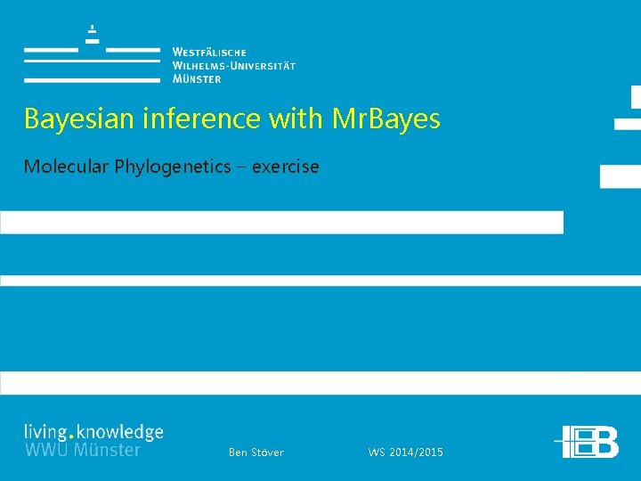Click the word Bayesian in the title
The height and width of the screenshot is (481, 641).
click(70, 119)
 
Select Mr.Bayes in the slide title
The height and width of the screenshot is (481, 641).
click(385, 119)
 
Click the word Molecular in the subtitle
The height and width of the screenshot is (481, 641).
click(64, 167)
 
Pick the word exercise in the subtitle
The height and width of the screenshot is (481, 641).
click(285, 167)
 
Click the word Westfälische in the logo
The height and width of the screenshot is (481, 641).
click(209, 53)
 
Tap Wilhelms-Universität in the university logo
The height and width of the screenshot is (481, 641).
click(234, 66)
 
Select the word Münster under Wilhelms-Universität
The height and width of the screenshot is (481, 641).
click(197, 78)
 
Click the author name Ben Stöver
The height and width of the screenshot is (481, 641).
click(256, 452)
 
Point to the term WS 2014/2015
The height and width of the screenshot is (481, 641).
click(405, 452)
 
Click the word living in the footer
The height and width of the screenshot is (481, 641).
click(45, 433)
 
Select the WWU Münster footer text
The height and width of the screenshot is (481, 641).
click(82, 450)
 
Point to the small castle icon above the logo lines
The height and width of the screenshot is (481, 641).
click(92, 35)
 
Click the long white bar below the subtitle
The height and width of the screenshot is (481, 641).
click(281, 222)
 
